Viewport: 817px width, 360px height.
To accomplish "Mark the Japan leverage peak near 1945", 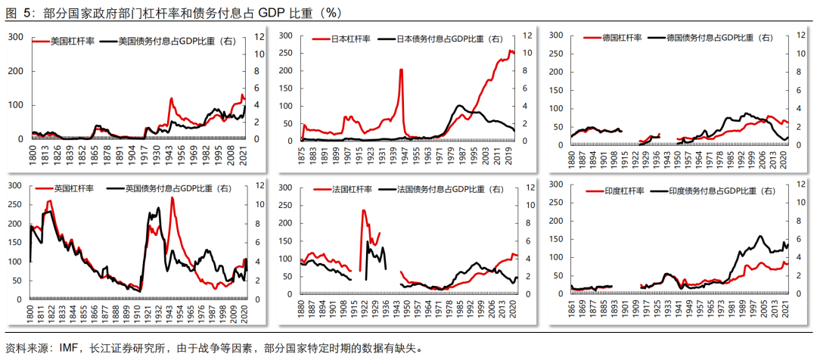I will tap(401, 70).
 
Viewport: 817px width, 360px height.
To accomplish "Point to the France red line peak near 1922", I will tap(364, 210).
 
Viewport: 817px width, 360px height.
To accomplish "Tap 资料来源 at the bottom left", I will tap(27, 349).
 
